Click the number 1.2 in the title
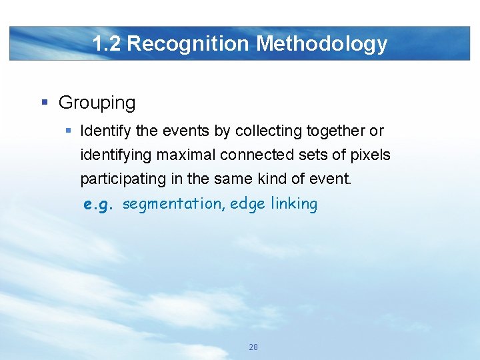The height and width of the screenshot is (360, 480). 107,44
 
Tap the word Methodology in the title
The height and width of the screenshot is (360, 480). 322,44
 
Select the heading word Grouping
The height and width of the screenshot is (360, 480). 97,103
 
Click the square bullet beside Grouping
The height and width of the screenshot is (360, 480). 45,103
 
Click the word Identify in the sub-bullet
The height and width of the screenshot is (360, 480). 103,131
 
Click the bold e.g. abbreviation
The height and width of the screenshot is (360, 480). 99,205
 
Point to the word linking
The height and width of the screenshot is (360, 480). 294,203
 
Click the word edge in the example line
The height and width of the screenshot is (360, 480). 246,203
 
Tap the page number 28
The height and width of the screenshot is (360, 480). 253,347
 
